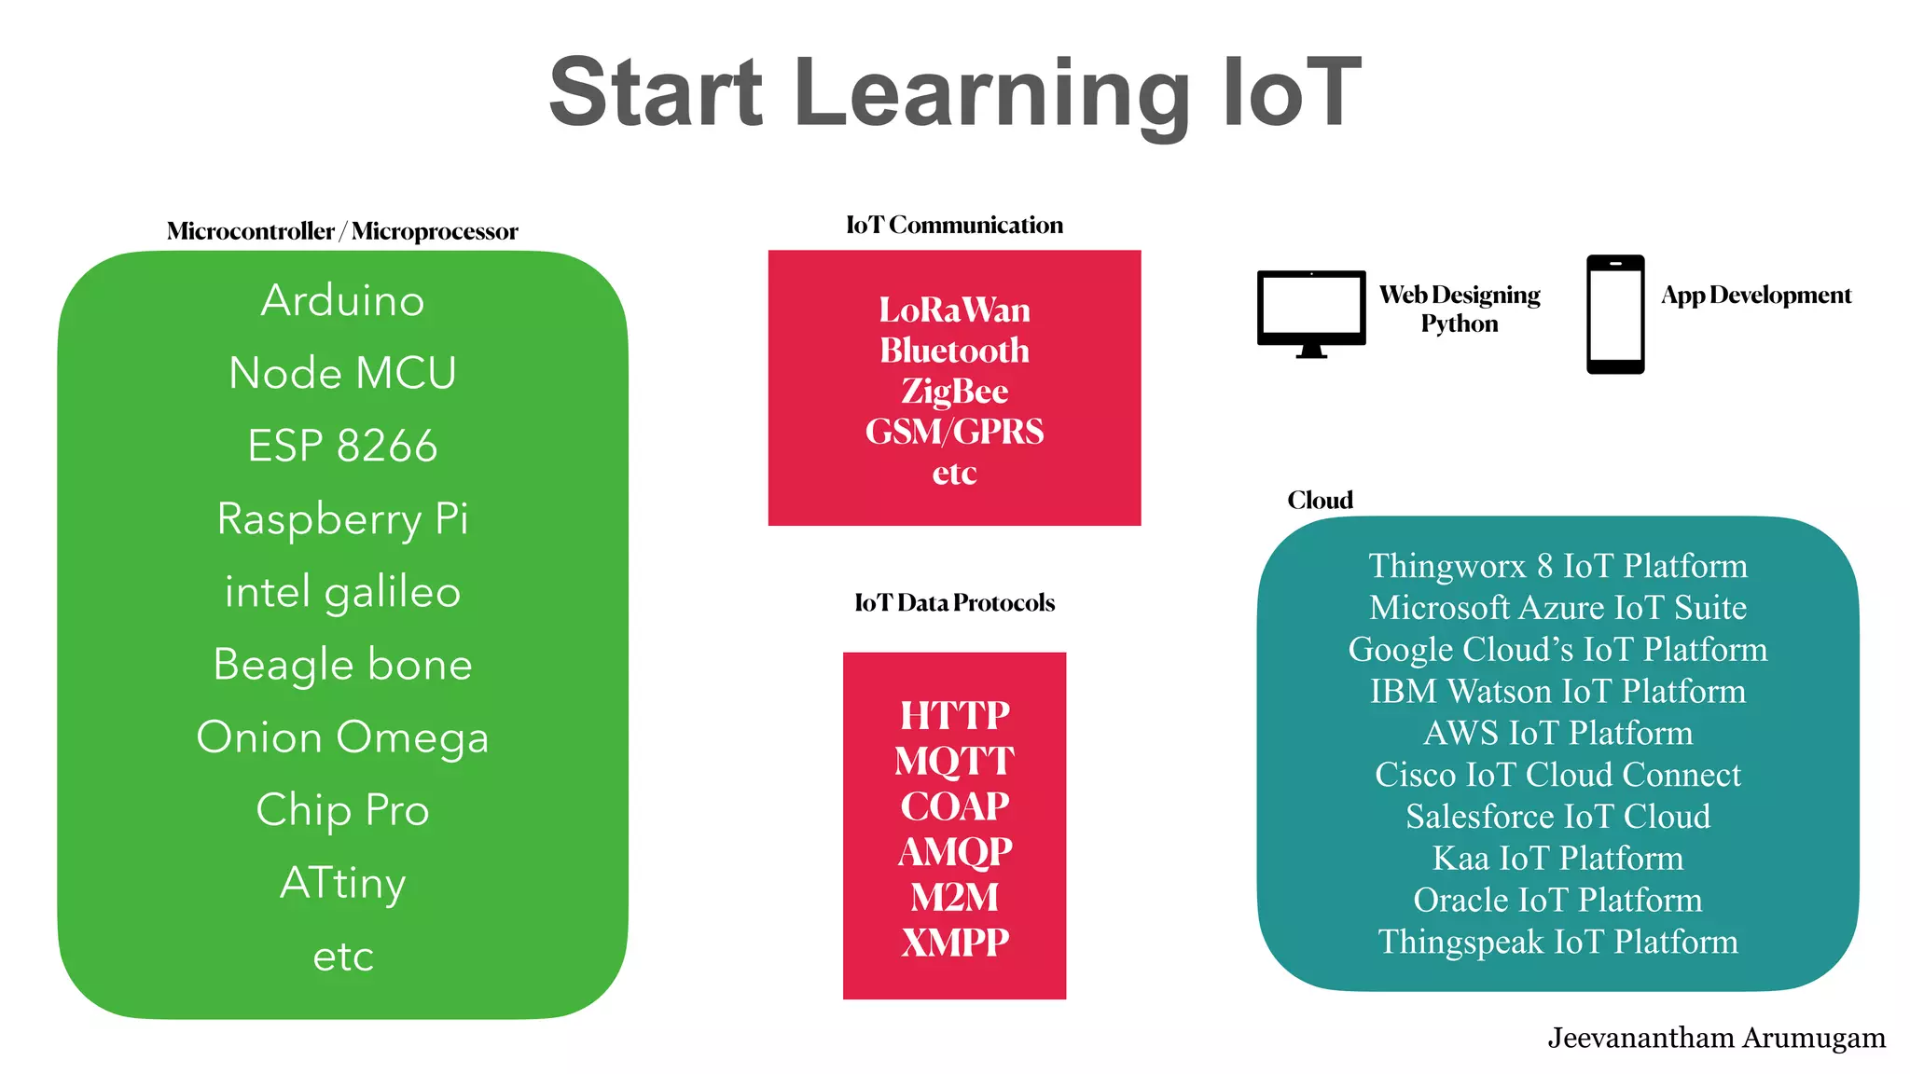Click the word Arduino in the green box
[x=342, y=300]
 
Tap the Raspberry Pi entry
[x=342, y=519]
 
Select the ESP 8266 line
[x=342, y=446]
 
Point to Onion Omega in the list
[x=342, y=737]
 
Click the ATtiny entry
[x=342, y=883]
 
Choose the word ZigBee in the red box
[x=954, y=392]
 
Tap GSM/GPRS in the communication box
[x=954, y=432]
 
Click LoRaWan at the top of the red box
[x=954, y=310]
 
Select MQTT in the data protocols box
[x=954, y=761]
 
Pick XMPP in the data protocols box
[x=954, y=943]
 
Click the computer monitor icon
[x=1310, y=311]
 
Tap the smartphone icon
[x=1615, y=314]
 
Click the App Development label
[x=1755, y=296]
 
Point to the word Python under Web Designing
[x=1459, y=324]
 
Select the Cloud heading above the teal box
[x=1320, y=501]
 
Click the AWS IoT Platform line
[x=1557, y=733]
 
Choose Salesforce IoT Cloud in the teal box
[x=1557, y=817]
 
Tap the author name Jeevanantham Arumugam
[x=1716, y=1038]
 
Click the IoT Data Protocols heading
[x=954, y=603]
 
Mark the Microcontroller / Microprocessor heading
[x=342, y=231]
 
